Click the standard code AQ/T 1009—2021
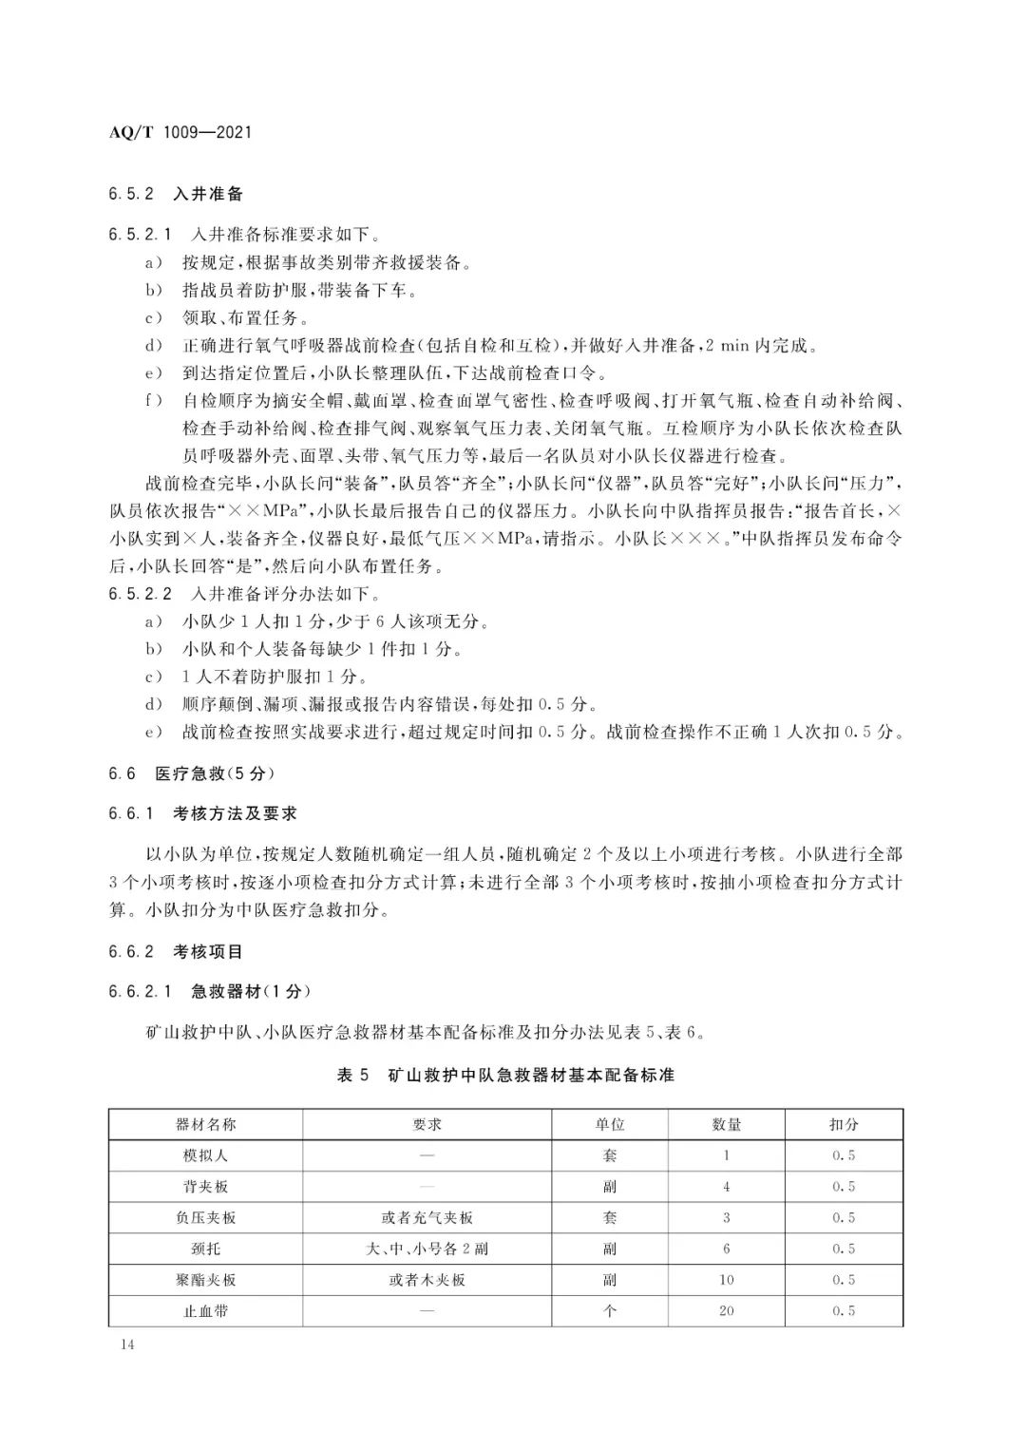(180, 133)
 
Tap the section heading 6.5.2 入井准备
(176, 194)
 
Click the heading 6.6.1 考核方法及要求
(203, 813)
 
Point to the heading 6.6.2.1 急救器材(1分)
(210, 991)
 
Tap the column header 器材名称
(206, 1124)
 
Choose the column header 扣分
(844, 1124)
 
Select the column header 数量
(727, 1124)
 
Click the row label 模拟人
(206, 1155)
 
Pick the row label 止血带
(206, 1310)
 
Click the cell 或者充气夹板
(427, 1217)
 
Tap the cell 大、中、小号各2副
(427, 1249)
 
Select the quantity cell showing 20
(727, 1310)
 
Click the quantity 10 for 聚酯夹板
(727, 1280)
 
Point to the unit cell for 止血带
(610, 1310)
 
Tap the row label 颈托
(206, 1249)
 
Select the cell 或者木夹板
(427, 1280)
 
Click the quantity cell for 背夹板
(727, 1187)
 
